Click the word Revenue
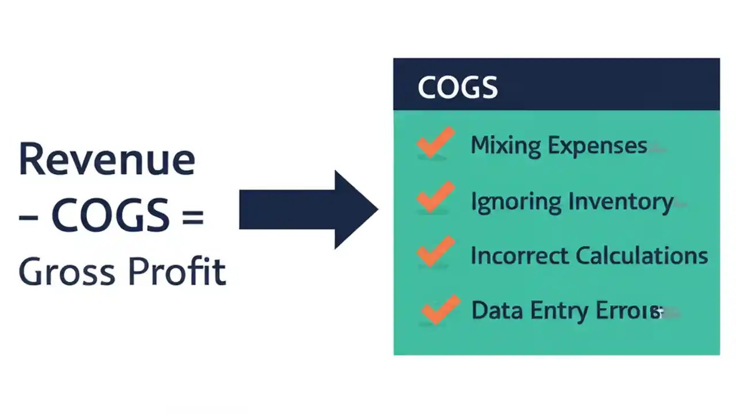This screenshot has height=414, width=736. point(107,159)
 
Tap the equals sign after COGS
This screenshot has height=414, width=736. point(193,216)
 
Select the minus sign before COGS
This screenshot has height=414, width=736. point(28,217)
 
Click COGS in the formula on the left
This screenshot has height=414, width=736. point(110,216)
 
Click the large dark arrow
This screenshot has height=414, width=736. point(307,210)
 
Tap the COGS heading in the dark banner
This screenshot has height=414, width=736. point(457,87)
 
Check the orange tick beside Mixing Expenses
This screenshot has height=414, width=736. point(435,143)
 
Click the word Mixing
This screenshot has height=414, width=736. point(505,145)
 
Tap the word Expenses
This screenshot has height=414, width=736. point(597,145)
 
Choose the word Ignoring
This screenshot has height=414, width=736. point(516,202)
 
